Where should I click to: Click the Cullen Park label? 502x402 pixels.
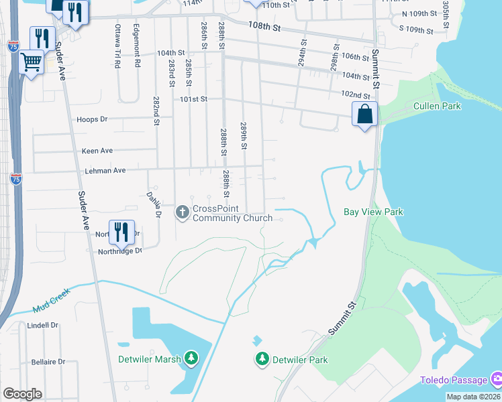pyautogui.click(x=437, y=106)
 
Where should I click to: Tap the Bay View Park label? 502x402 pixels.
pyautogui.click(x=373, y=212)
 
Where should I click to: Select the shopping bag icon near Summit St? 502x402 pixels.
pyautogui.click(x=364, y=115)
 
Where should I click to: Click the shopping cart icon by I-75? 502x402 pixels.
pyautogui.click(x=32, y=62)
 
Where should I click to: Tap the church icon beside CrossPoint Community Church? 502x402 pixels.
pyautogui.click(x=182, y=212)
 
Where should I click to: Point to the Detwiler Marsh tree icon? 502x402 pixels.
pyautogui.click(x=192, y=359)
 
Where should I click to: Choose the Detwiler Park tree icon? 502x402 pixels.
pyautogui.click(x=262, y=360)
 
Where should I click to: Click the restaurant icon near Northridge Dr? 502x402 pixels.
pyautogui.click(x=121, y=232)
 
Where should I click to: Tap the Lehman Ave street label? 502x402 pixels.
pyautogui.click(x=105, y=171)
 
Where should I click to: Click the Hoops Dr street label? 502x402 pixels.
pyautogui.click(x=93, y=119)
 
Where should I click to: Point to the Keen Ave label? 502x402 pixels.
pyautogui.click(x=97, y=151)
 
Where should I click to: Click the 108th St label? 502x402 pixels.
pyautogui.click(x=263, y=26)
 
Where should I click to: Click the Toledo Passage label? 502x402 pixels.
pyautogui.click(x=454, y=380)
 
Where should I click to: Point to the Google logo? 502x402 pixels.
pyautogui.click(x=22, y=394)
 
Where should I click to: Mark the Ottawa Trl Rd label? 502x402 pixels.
pyautogui.click(x=117, y=46)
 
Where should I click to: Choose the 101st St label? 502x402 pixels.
pyautogui.click(x=193, y=99)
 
